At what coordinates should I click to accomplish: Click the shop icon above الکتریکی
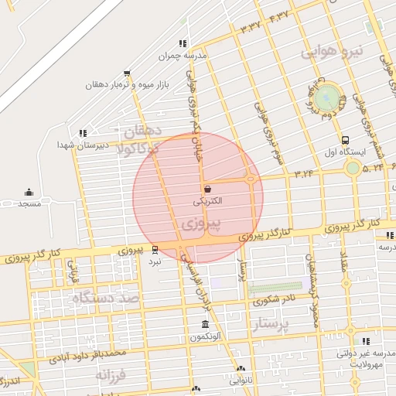point(207,189)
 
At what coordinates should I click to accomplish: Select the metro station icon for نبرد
point(155,250)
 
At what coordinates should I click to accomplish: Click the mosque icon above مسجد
point(29,192)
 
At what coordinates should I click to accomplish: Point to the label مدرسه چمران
point(183,56)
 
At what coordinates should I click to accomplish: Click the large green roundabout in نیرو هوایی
point(328,97)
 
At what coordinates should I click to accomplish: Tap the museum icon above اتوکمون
point(205,325)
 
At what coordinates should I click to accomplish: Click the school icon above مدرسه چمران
point(183,44)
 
